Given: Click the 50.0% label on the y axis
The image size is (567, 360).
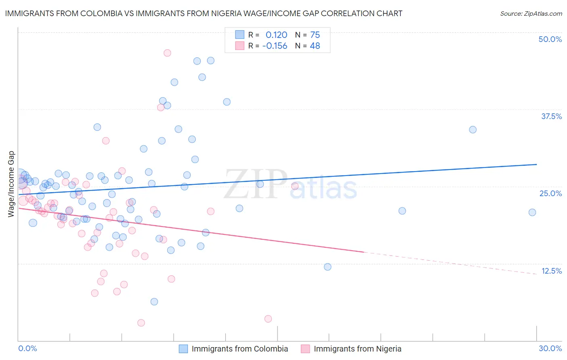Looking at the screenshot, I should pyautogui.click(x=550, y=39).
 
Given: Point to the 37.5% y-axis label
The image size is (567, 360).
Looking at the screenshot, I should pyautogui.click(x=551, y=116).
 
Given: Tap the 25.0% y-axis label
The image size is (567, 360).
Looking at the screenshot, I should pyautogui.click(x=550, y=193).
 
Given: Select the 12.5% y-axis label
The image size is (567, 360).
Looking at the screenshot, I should pyautogui.click(x=551, y=271).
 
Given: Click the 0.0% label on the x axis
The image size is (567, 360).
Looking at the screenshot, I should pyautogui.click(x=27, y=348).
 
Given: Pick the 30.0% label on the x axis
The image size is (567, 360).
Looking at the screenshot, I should pyautogui.click(x=550, y=348).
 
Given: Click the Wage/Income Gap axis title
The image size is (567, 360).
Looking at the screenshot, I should pyautogui.click(x=11, y=184).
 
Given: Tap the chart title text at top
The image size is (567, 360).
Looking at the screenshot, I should pyautogui.click(x=204, y=13).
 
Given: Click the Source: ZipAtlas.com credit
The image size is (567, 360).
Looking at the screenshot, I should pyautogui.click(x=531, y=13).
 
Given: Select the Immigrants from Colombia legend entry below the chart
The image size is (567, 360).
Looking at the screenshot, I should pyautogui.click(x=240, y=349).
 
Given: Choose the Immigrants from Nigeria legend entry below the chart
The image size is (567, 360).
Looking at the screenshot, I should pyautogui.click(x=357, y=349).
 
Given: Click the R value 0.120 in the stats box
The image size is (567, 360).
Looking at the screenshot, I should pyautogui.click(x=276, y=35).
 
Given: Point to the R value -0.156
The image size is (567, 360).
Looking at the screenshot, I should pyautogui.click(x=275, y=46).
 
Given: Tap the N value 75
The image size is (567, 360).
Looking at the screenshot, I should pyautogui.click(x=315, y=35).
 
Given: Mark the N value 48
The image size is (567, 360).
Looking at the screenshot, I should pyautogui.click(x=315, y=46).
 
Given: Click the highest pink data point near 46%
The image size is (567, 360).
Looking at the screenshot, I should pyautogui.click(x=167, y=53).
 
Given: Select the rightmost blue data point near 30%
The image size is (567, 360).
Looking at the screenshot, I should pyautogui.click(x=532, y=212).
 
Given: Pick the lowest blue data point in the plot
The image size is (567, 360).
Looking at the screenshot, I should pyautogui.click(x=154, y=301).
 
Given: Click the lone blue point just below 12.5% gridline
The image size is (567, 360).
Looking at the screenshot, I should pyautogui.click(x=327, y=267).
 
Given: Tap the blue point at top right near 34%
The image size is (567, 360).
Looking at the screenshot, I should pyautogui.click(x=473, y=130).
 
